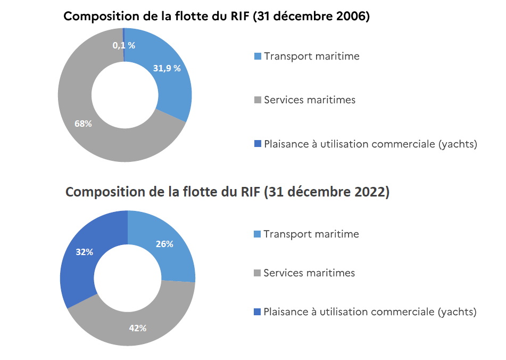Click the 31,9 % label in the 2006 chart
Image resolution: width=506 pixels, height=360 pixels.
pyautogui.click(x=167, y=68)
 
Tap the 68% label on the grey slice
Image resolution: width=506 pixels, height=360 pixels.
pyautogui.click(x=83, y=124)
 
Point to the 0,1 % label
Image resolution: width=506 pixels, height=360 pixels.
pyautogui.click(x=123, y=45)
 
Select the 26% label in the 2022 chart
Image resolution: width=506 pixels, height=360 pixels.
pyautogui.click(x=164, y=244)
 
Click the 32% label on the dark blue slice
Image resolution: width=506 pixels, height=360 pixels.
pyautogui.click(x=85, y=252)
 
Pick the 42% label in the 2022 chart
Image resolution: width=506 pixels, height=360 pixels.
pyautogui.click(x=138, y=328)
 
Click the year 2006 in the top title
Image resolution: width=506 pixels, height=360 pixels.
pyautogui.click(x=351, y=16)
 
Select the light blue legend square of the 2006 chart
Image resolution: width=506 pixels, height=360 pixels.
pyautogui.click(x=258, y=56)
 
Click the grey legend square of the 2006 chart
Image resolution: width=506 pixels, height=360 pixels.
pyautogui.click(x=258, y=100)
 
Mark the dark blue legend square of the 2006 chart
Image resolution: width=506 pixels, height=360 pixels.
pyautogui.click(x=258, y=143)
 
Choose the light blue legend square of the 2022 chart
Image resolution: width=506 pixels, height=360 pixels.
pyautogui.click(x=258, y=234)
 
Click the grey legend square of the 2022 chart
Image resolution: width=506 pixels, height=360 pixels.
pyautogui.click(x=258, y=273)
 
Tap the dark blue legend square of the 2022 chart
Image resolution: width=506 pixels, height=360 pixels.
pyautogui.click(x=258, y=312)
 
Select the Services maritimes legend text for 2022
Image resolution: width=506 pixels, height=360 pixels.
pyautogui.click(x=309, y=273)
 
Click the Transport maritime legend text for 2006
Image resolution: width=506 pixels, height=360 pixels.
pyautogui.click(x=311, y=56)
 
